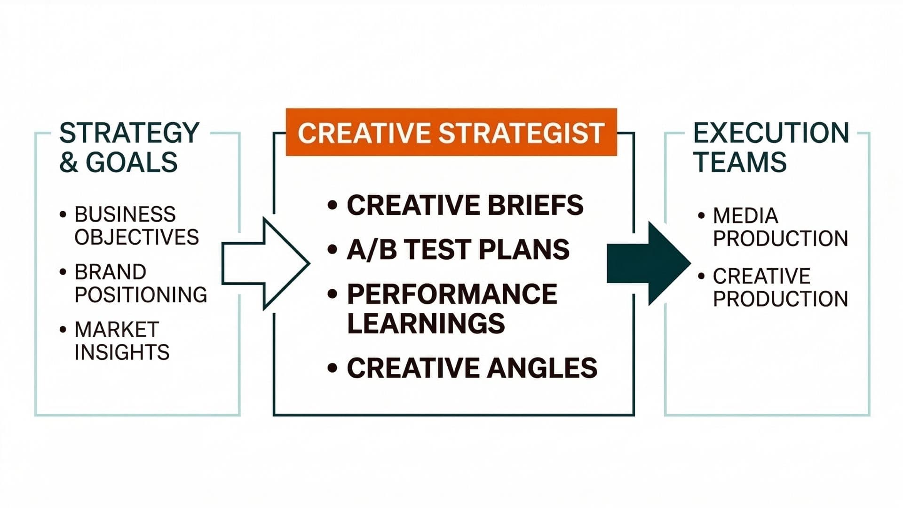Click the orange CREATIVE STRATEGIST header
[451, 132]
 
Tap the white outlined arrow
[263, 263]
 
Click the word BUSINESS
[125, 214]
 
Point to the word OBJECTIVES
[136, 237]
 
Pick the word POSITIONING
[141, 295]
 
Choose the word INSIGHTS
[122, 352]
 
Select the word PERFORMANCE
[452, 294]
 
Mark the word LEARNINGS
[426, 324]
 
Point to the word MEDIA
[745, 216]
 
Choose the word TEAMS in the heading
[740, 162]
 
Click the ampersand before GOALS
[69, 162]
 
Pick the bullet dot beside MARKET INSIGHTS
[63, 329]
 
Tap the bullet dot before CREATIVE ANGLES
[333, 368]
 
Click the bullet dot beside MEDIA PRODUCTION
[701, 216]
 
